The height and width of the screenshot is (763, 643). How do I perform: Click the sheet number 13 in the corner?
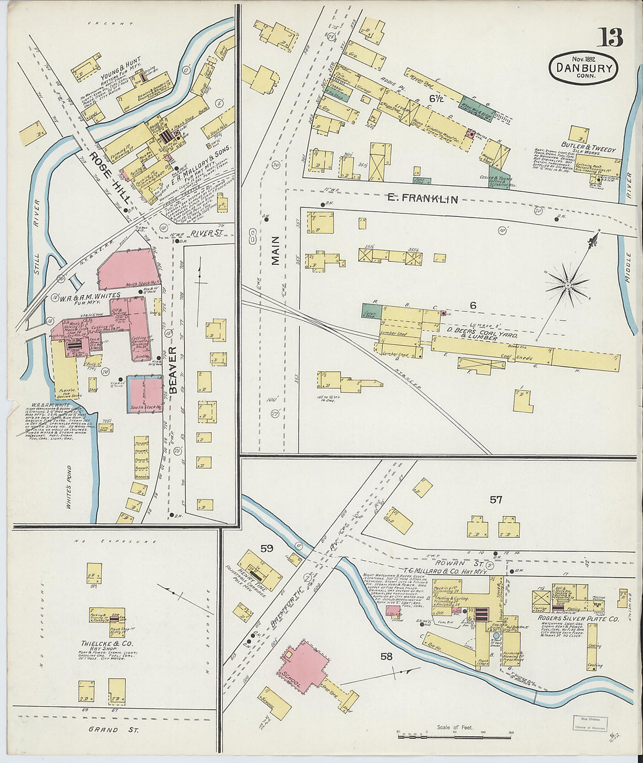point(610,38)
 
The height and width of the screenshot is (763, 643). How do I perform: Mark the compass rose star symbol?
point(566,285)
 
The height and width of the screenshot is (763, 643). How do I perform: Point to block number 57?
point(496,499)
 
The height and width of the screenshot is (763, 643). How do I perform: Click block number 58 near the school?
point(386,656)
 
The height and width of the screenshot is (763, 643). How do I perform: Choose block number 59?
point(267,548)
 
